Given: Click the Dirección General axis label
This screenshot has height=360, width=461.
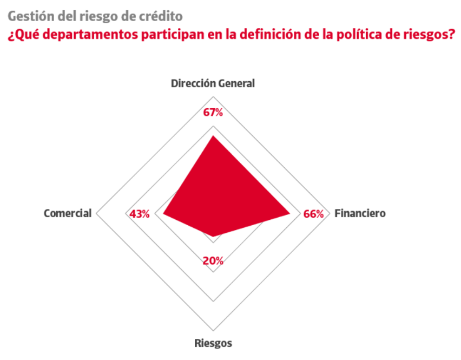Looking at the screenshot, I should pyautogui.click(x=213, y=83).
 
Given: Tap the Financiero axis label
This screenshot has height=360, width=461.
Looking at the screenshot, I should pyautogui.click(x=360, y=213).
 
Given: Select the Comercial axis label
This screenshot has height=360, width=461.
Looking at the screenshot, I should pyautogui.click(x=68, y=213).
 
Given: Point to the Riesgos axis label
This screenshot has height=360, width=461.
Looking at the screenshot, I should pyautogui.click(x=213, y=343).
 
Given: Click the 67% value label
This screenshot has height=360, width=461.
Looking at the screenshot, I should pyautogui.click(x=213, y=113).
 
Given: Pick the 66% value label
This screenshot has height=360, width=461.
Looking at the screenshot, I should pyautogui.click(x=313, y=214).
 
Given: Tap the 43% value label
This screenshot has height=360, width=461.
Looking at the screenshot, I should pyautogui.click(x=140, y=214).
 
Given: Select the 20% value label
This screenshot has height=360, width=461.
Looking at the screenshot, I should pyautogui.click(x=213, y=260).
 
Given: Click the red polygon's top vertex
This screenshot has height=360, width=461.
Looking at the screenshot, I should pyautogui.click(x=213, y=136).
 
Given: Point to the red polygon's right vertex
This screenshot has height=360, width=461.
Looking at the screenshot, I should pyautogui.click(x=291, y=214).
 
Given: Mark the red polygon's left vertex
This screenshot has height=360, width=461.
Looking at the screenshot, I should pyautogui.click(x=163, y=214).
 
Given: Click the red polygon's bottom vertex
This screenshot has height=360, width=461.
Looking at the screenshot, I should pyautogui.click(x=213, y=237).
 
